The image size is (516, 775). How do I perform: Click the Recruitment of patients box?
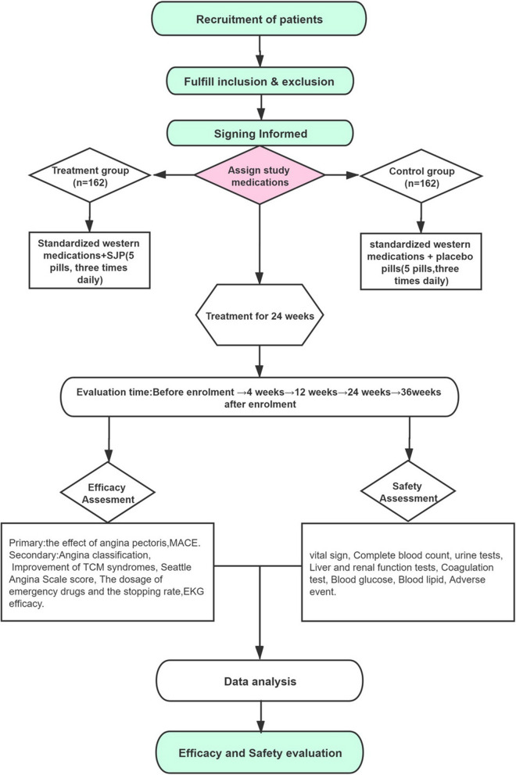(257, 18)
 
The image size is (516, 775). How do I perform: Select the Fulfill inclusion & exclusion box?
(257, 80)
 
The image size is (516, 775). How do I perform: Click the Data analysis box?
(257, 681)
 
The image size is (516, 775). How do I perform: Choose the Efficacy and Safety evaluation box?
(257, 753)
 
